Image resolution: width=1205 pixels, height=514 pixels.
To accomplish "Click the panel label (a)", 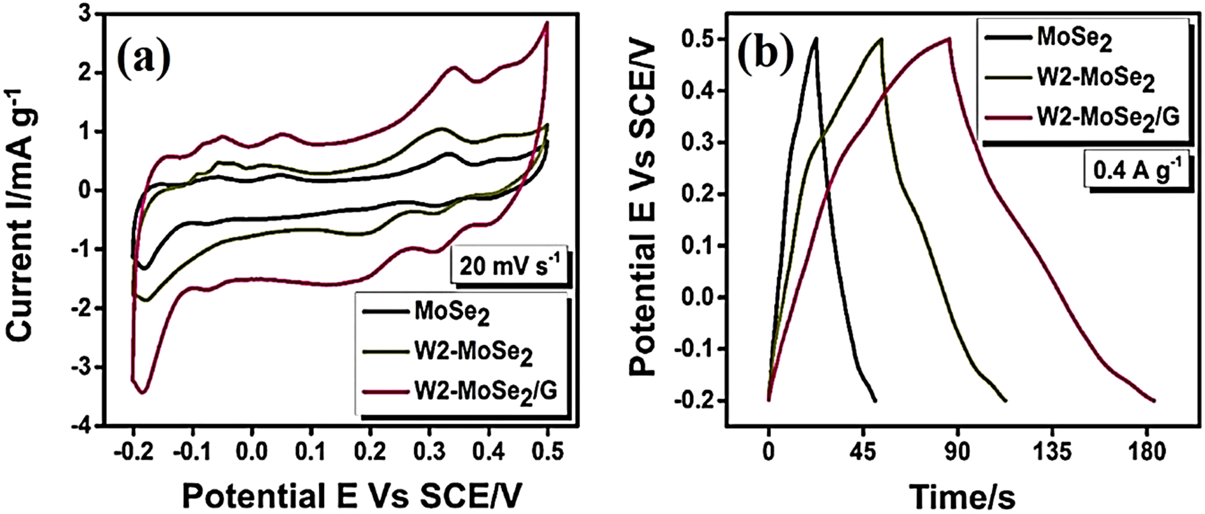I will click(x=144, y=58).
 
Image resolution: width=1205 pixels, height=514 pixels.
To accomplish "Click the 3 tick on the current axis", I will click(x=86, y=15).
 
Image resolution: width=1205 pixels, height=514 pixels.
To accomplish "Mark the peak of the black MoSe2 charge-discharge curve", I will click(x=816, y=38).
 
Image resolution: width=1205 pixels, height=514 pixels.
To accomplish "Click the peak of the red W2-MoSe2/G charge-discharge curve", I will click(x=949, y=38).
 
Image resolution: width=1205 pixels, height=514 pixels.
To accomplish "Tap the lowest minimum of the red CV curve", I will click(x=141, y=393).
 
